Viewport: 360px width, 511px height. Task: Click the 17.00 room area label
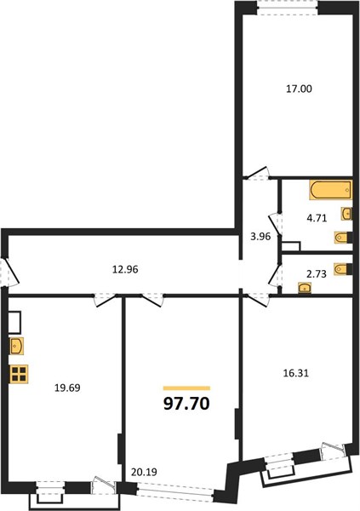click(299, 89)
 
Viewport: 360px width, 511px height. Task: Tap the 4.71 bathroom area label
click(317, 218)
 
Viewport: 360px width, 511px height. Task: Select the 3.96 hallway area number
click(260, 237)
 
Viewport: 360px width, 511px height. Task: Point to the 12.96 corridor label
click(125, 269)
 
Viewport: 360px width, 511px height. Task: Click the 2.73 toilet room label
click(317, 274)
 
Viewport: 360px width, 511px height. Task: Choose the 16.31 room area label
click(295, 373)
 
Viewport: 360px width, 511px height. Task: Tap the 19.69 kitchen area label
click(67, 388)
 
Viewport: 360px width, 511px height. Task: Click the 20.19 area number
click(144, 472)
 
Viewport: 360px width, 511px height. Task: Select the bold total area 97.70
click(186, 404)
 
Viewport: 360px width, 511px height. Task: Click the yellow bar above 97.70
click(186, 388)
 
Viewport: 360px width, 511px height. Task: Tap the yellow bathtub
click(331, 189)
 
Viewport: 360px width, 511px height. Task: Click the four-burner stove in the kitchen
click(20, 374)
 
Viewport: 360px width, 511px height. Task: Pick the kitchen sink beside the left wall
click(17, 346)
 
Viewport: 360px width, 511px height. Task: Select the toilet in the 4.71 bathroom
click(343, 238)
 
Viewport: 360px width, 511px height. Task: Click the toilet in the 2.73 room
click(343, 269)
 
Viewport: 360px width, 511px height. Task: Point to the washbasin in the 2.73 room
click(305, 288)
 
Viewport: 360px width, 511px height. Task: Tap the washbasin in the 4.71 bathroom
click(346, 214)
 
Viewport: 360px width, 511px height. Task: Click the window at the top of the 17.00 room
click(288, 7)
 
